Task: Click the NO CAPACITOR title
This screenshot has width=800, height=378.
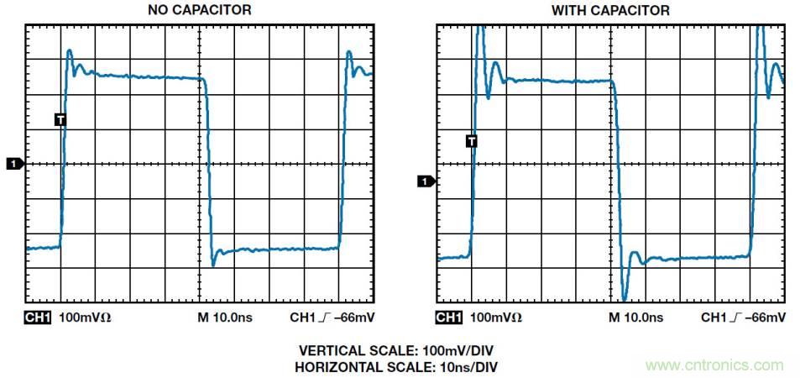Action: point(199,10)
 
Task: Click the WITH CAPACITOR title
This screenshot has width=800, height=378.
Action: point(610,10)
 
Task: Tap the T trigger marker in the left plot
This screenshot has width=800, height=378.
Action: point(60,119)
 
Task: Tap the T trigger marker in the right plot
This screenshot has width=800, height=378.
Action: point(472,140)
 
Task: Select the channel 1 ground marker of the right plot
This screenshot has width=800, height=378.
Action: point(426,181)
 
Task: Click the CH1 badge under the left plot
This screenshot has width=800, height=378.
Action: point(39,318)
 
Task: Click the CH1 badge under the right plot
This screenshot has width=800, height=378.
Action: point(449,318)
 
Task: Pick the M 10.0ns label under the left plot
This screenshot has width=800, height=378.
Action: point(224,318)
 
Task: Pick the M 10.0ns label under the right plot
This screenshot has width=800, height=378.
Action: point(635,318)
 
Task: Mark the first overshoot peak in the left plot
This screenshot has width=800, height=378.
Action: point(70,51)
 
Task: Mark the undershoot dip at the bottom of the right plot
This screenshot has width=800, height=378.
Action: point(625,297)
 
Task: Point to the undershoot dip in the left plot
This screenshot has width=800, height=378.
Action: point(213,265)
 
